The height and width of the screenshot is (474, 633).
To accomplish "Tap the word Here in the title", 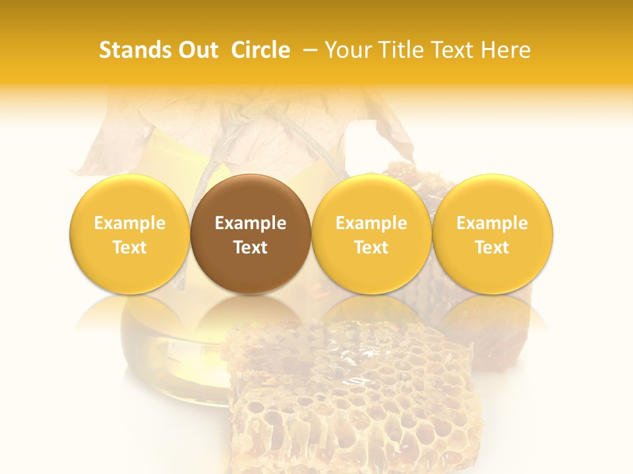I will (505, 50).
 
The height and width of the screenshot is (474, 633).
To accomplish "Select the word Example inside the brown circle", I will (251, 223).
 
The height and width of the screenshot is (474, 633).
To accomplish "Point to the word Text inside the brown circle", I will (251, 248).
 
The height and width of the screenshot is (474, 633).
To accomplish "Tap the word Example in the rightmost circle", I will (492, 223).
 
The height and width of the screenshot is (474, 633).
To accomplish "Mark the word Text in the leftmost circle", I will (130, 248).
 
